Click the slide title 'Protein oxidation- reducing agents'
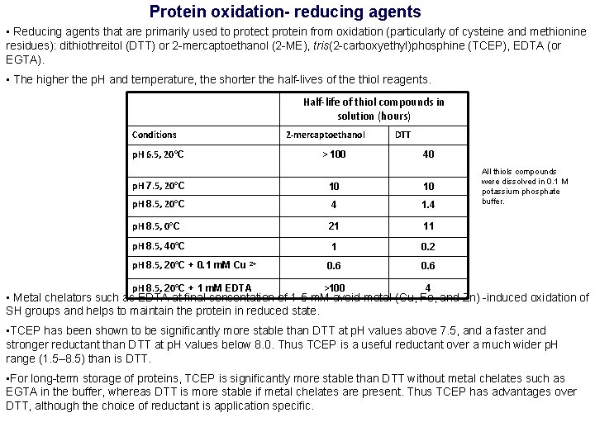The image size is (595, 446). point(285,12)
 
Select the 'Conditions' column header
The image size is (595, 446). point(155,135)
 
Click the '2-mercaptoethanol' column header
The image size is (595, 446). point(325,135)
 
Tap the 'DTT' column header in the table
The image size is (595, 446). point(402,135)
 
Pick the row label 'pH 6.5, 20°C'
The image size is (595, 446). point(158,154)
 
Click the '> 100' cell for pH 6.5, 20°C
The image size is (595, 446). point(334,154)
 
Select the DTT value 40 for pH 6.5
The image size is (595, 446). point(428,154)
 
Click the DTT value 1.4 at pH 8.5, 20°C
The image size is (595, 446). point(427,204)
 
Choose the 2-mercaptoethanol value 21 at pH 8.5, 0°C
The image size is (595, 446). point(334,226)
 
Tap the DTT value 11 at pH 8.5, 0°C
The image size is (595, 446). point(428,226)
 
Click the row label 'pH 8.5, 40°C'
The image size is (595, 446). point(158,246)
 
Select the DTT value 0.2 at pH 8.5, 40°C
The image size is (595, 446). point(427,247)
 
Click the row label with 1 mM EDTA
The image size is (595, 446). point(193,287)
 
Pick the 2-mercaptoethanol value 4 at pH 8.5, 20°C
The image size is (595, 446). point(334,204)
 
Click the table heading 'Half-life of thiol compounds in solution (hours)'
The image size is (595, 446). point(374,108)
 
